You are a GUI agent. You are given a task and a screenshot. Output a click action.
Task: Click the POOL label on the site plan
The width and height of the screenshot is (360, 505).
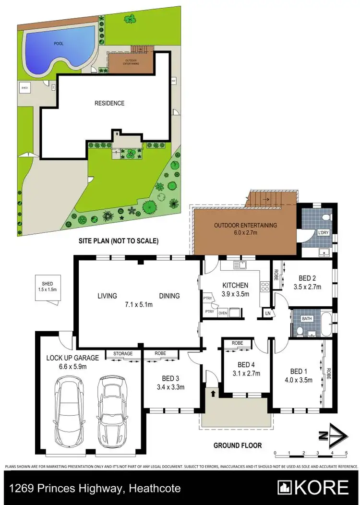58,43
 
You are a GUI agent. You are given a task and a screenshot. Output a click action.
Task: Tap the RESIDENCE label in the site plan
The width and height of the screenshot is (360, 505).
109,103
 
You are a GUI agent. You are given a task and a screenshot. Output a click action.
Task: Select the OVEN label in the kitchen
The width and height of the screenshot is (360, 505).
222,313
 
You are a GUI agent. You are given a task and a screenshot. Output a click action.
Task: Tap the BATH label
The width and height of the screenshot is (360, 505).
306,318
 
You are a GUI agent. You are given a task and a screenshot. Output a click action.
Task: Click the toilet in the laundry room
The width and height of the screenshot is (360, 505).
326,216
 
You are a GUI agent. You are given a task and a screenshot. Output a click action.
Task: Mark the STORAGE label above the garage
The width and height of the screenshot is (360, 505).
123,354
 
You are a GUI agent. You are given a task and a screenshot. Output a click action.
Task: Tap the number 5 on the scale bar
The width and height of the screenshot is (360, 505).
346,453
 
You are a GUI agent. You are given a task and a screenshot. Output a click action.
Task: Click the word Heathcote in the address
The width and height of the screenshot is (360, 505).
155,489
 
